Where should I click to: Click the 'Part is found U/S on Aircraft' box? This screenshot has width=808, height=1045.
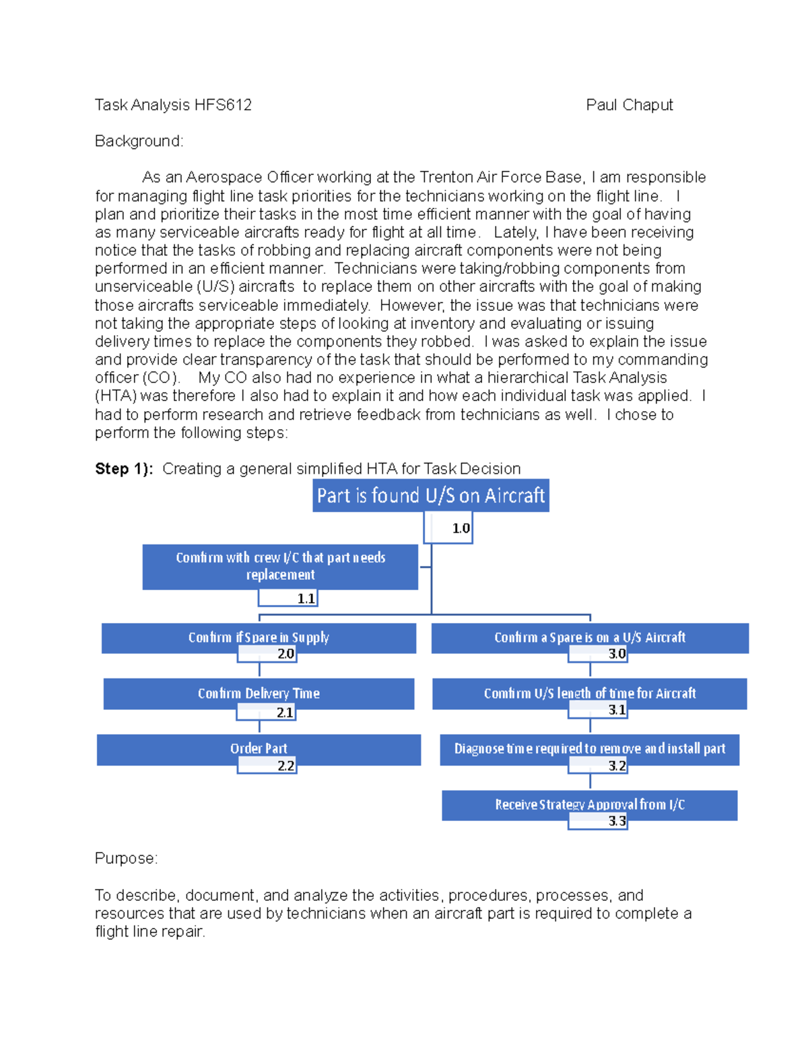point(431,495)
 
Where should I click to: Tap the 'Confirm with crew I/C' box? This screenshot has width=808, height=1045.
point(280,566)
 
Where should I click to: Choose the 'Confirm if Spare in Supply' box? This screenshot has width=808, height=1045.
point(259,637)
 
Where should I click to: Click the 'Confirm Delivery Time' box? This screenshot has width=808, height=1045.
point(259,692)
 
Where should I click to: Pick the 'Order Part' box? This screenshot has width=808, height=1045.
point(259,748)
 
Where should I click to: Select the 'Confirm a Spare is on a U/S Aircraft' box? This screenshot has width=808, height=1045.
point(590,637)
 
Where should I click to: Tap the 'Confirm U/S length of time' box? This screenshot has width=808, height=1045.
point(590,692)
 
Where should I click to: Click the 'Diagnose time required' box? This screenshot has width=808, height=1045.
point(590,748)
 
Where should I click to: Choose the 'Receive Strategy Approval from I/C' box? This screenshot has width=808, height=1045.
point(590,803)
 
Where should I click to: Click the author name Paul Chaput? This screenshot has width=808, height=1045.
point(630,105)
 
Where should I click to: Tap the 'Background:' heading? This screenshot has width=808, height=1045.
point(139,141)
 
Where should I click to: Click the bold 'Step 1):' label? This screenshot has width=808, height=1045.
point(124,469)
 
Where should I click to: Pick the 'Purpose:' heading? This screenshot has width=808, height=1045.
point(126,859)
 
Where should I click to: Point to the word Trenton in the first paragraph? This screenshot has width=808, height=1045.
point(446,178)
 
